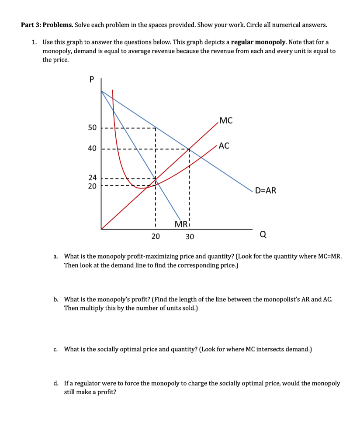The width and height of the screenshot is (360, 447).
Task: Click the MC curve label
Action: (x=226, y=120)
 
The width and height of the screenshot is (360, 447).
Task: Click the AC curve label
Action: (x=224, y=146)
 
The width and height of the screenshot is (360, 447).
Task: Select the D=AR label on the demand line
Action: (x=266, y=190)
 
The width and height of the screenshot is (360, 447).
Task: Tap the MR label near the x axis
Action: (x=180, y=224)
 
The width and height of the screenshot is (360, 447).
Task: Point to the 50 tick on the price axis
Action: (x=92, y=128)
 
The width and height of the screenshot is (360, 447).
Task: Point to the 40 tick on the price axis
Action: (x=92, y=148)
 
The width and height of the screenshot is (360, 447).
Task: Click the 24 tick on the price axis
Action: (x=92, y=178)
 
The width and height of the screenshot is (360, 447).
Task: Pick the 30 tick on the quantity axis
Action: (x=189, y=237)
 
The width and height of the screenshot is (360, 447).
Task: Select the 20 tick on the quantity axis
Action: (x=156, y=237)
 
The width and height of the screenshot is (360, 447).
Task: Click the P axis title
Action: (x=91, y=80)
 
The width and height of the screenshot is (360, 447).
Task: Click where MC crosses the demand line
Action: (x=189, y=148)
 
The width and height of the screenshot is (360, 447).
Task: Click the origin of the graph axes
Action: (x=101, y=229)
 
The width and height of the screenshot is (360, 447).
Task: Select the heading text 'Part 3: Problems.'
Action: (x=47, y=24)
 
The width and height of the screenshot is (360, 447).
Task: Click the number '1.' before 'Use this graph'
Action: (x=35, y=42)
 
